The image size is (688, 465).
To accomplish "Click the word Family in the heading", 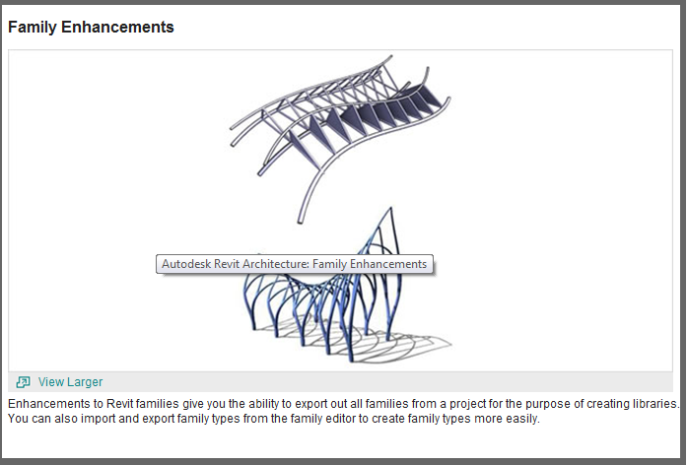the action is click(x=33, y=28).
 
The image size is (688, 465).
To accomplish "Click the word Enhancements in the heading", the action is click(x=117, y=27).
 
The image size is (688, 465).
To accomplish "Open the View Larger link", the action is click(x=70, y=382).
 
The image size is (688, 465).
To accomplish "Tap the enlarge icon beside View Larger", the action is click(x=24, y=382).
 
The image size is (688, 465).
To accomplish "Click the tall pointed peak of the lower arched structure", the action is click(x=391, y=209).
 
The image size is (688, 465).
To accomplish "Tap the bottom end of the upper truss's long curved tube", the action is click(x=301, y=221).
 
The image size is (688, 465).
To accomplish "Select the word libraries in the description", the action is click(x=655, y=404).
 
